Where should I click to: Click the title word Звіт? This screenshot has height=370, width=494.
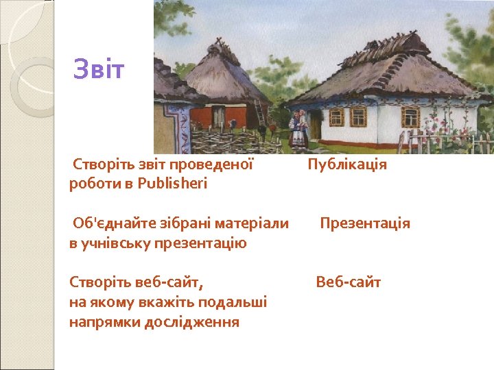(99, 69)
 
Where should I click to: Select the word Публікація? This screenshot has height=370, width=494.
(347, 164)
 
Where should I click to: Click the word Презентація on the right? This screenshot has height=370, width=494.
(364, 223)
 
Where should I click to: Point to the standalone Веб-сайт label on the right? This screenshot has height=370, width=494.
(348, 282)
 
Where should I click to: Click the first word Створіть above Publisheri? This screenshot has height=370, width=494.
(103, 164)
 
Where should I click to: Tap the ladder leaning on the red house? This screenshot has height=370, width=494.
(261, 112)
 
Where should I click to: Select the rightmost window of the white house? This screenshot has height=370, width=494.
(410, 117)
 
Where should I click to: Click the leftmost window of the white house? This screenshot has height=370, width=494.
(336, 117)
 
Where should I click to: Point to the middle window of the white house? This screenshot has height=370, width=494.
(359, 117)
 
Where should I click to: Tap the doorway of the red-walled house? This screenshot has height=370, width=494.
(219, 117)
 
